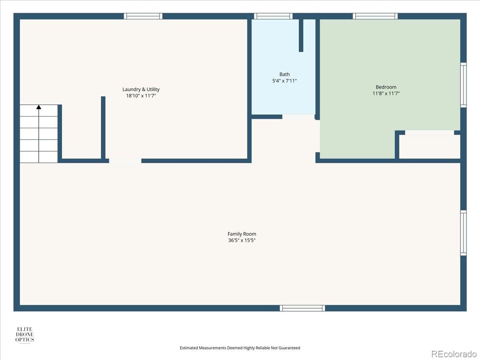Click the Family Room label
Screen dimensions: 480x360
242,234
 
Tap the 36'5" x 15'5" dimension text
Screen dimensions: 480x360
242,240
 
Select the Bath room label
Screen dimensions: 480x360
284,74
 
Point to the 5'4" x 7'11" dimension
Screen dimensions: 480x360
284,81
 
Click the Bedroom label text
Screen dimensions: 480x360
386,87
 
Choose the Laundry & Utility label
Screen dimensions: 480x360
141,89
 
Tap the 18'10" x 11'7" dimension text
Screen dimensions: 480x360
141,96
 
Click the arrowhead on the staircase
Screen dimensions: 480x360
39,107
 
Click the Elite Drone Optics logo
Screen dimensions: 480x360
25,335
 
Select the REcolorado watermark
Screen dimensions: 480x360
454,354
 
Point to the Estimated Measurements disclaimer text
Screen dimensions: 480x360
240,348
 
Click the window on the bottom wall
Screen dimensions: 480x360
302,308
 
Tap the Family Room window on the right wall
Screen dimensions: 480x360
463,233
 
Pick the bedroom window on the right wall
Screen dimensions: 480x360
463,85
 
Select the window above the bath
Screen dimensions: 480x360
273,16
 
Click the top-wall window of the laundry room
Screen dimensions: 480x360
143,16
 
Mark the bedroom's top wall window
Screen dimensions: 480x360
375,16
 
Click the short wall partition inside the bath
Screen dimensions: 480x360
301,36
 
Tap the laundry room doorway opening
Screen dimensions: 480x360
125,161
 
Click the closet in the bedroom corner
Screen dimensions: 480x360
430,146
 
